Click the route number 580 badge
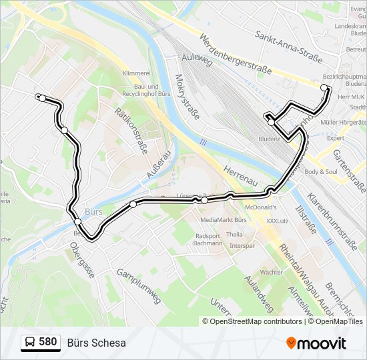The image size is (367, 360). pos(41,343)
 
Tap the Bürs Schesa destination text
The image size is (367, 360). pos(96,343)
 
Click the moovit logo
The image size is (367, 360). pos(316,343)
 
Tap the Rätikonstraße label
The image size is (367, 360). pos(131,131)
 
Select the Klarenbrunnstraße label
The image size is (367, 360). pos(331,213)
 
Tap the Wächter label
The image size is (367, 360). pos(271,272)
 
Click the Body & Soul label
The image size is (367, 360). pos(320,171)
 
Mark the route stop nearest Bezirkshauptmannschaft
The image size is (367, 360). pos(324,88)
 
